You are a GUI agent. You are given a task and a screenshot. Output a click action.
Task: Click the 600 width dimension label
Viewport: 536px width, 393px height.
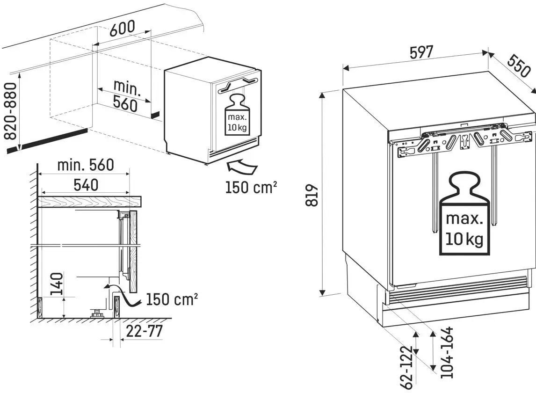coord(122,28)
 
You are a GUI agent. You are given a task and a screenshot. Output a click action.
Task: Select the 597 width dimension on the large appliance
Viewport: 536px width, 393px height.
coord(421,52)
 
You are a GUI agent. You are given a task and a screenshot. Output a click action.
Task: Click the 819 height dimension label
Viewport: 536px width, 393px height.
coord(311,195)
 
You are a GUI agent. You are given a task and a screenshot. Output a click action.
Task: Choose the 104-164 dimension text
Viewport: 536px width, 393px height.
coord(447,352)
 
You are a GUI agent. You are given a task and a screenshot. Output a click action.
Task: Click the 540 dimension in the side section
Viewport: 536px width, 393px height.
coord(86,185)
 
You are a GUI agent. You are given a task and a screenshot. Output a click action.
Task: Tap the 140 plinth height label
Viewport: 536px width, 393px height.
coord(57,284)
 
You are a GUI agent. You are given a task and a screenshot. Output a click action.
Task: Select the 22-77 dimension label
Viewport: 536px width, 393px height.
coord(144,331)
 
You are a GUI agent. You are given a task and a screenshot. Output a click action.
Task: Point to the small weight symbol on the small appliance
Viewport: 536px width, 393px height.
coord(237,115)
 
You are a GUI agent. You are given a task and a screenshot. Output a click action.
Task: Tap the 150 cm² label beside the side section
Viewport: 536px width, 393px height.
coord(172,299)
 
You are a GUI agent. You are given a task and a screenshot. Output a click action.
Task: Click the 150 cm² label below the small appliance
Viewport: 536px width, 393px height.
coord(251,187)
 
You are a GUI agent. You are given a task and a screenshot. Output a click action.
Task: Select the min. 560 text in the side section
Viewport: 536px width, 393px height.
coord(86,165)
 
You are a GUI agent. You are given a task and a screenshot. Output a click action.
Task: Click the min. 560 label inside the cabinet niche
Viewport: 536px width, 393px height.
coord(125,95)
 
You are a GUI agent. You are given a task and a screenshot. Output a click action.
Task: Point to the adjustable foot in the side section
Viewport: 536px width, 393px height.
coord(97,312)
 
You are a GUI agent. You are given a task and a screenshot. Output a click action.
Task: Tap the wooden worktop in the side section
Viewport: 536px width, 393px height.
coord(90,202)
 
